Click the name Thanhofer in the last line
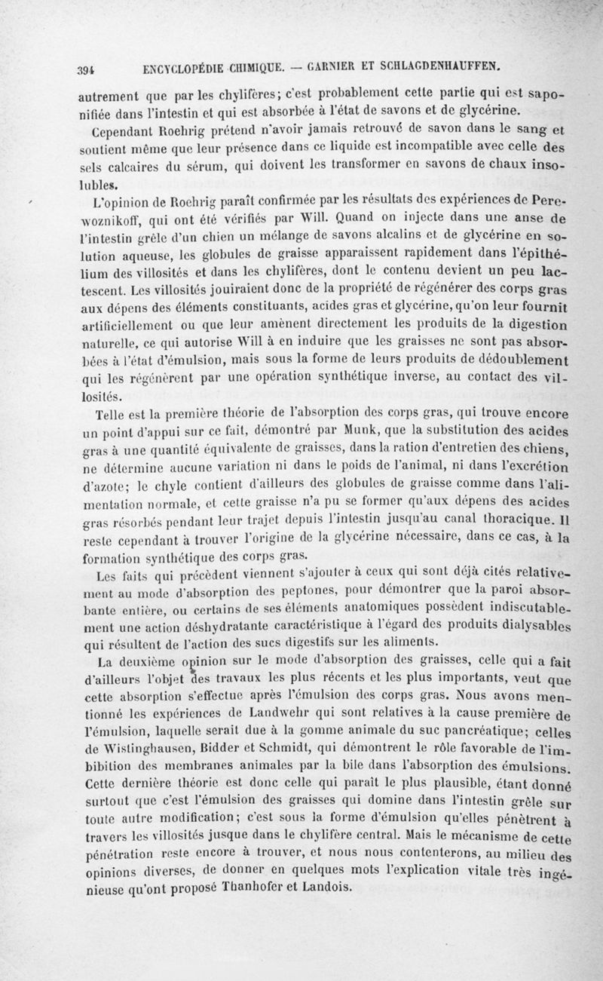[245, 885]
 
